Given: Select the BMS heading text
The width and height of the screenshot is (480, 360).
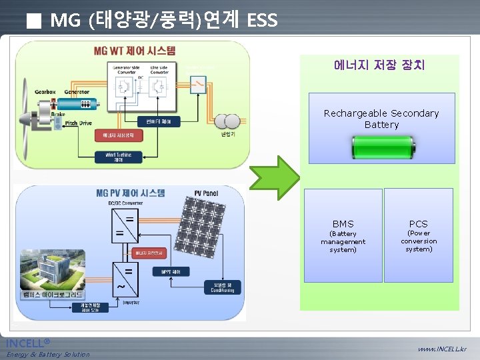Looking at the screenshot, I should point(343,224).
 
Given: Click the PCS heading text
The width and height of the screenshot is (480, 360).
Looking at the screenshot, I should point(418,224).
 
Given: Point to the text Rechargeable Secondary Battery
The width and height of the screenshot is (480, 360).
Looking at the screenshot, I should point(381,119).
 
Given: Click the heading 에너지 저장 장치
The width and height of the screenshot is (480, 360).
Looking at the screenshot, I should point(379,65).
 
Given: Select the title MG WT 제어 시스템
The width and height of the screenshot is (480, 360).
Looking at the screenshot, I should point(135,51).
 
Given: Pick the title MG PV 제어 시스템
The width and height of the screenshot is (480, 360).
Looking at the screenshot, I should point(131,193).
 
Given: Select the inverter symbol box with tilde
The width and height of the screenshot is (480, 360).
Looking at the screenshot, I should point(124,280).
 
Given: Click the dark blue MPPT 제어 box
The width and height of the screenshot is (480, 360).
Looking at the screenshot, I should point(175,271).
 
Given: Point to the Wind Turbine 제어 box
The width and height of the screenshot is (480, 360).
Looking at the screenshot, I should point(118,157).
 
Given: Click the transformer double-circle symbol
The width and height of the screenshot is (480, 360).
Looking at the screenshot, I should point(228,121).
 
